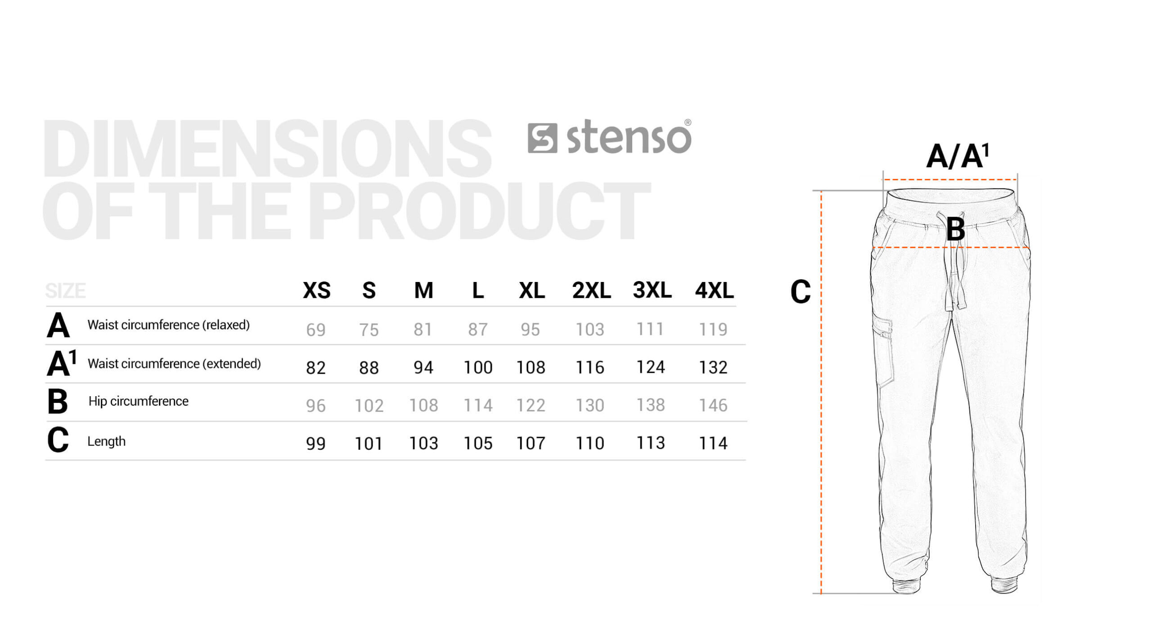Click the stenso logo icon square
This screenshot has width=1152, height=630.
click(542, 138)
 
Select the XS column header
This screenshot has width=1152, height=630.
click(317, 290)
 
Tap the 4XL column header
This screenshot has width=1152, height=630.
click(715, 290)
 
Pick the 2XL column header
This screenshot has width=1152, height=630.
click(591, 290)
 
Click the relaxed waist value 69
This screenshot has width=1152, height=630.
click(316, 330)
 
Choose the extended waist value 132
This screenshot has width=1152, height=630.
click(713, 367)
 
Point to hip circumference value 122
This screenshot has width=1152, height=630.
click(531, 405)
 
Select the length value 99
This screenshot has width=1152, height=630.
click(316, 443)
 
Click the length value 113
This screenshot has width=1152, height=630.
click(650, 443)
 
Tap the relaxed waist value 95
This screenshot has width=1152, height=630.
click(531, 330)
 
